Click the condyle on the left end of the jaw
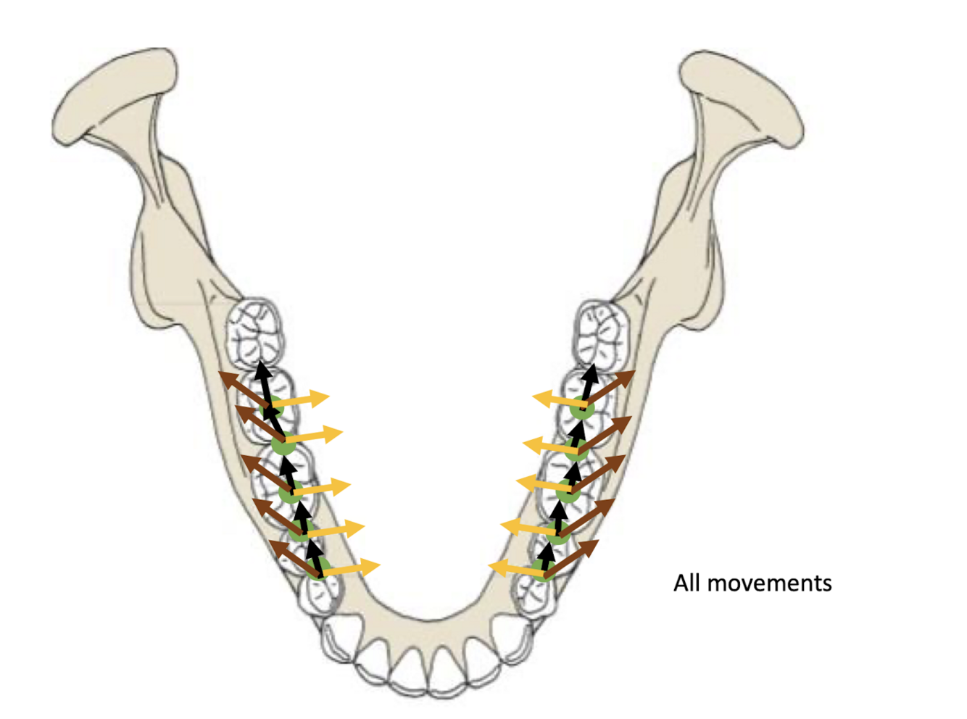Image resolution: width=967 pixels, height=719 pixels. (x=116, y=94)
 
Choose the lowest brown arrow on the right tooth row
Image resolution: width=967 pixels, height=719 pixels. (x=573, y=558)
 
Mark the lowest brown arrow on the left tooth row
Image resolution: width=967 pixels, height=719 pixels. (x=294, y=558)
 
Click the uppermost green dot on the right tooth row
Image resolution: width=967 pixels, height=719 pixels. (x=581, y=410)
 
